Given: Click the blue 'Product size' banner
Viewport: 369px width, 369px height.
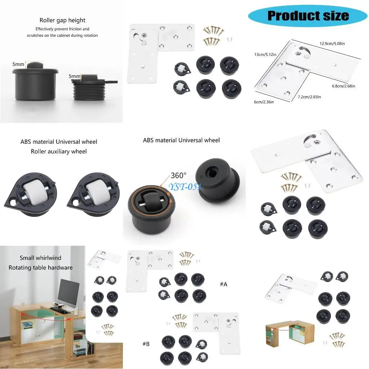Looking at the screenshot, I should (308, 15).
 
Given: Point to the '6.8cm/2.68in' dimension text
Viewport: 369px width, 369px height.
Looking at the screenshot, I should (343, 86).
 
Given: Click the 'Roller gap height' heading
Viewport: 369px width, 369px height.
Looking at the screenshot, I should (62, 20).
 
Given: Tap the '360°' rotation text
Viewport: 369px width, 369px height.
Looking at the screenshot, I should (178, 175).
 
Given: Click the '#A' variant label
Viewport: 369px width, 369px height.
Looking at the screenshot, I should (223, 284).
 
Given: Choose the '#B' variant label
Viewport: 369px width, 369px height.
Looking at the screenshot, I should (146, 344).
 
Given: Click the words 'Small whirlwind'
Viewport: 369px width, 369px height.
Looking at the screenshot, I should (40, 258).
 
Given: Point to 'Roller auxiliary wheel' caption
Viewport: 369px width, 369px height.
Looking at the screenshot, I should (59, 151).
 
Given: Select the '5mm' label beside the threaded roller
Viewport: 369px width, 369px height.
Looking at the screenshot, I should (74, 76).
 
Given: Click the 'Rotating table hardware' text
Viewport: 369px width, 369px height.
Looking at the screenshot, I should (40, 267).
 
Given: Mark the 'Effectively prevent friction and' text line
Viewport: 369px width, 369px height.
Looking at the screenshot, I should (62, 29).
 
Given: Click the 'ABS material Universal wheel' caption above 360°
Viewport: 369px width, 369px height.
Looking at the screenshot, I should (181, 140).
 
